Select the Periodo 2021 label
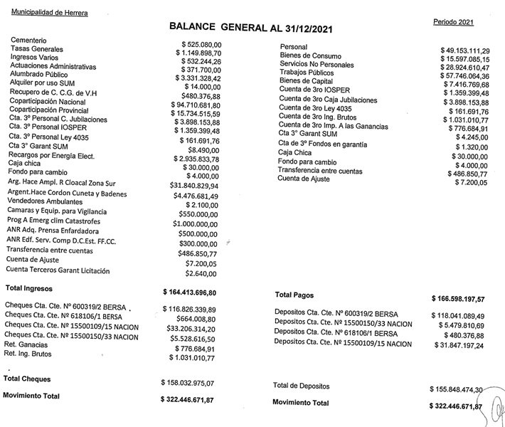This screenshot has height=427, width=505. click(x=453, y=23)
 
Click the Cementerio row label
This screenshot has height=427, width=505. click(x=28, y=42)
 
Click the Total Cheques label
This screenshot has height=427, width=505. click(x=27, y=379)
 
